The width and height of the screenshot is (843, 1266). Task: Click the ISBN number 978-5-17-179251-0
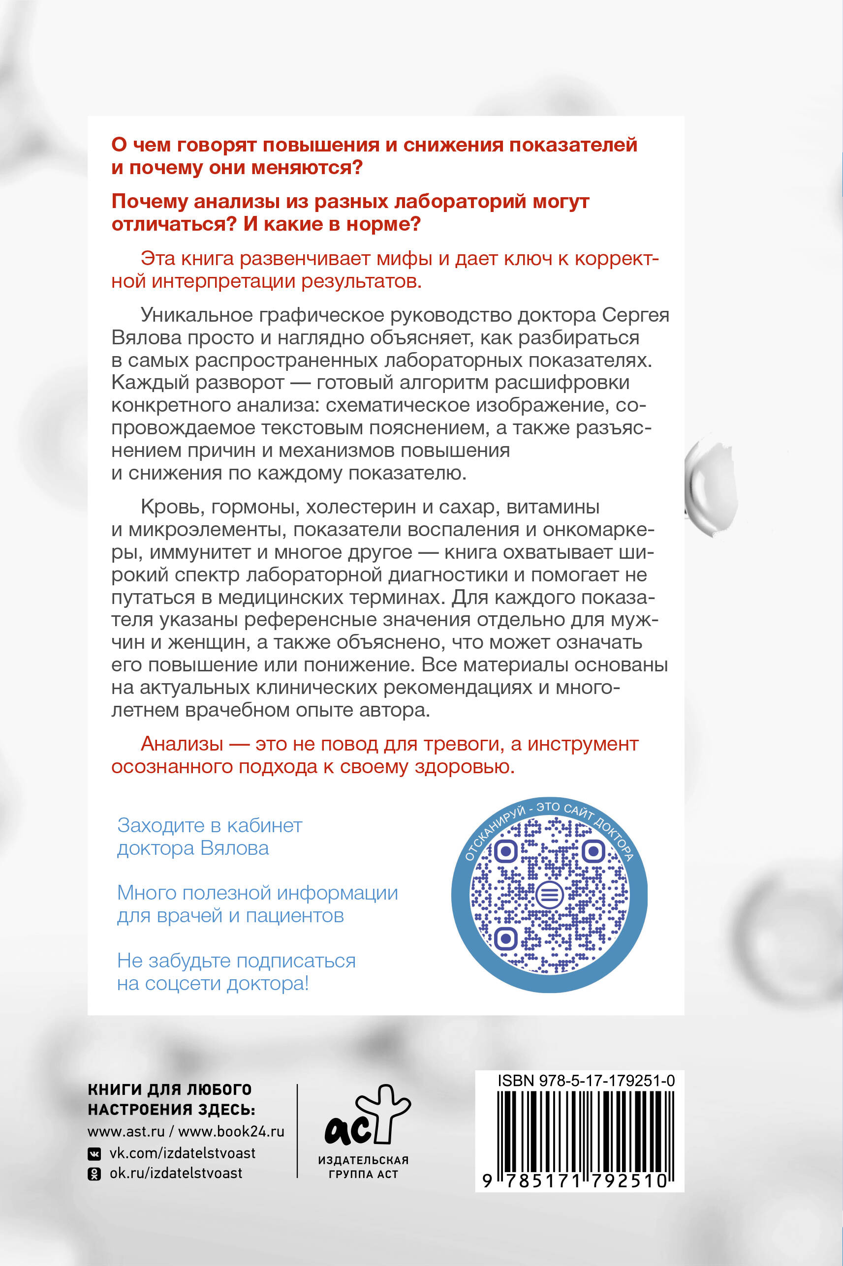pos(586,1081)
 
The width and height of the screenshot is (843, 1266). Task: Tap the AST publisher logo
pos(367,1115)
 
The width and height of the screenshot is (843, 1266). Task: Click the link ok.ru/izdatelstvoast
pos(176,1173)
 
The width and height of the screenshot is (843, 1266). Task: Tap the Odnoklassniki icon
pos(94,1174)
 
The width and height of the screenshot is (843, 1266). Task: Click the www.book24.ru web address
pos(231,1132)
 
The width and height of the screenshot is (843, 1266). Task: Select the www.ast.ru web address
pos(126,1132)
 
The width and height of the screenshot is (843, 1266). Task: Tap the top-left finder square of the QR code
pos(505,850)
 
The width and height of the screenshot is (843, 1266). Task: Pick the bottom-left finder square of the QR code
pos(505,939)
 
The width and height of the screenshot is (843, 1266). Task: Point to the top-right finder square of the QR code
pos(593,850)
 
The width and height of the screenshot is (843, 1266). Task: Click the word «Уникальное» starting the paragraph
pos(196,315)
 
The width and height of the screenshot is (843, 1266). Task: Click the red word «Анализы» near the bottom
pos(182,744)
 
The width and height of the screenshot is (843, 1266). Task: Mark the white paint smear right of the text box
pos(711,487)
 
